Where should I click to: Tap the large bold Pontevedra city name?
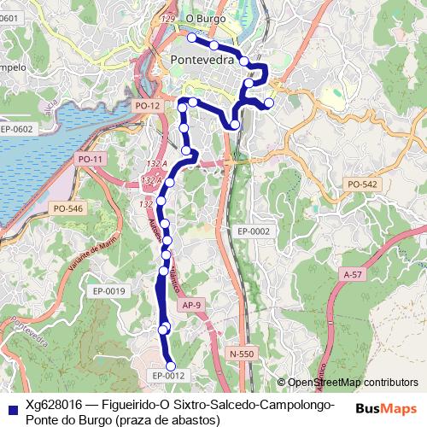(208, 61)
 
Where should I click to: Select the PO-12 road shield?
(147, 105)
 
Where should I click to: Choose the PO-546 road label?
(67, 208)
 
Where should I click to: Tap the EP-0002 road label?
(254, 231)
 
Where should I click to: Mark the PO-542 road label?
(362, 184)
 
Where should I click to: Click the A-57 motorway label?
(352, 274)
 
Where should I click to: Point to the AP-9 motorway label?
(191, 304)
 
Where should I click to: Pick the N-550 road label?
(242, 354)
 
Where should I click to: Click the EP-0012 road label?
(168, 375)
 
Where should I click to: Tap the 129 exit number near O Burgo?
(167, 18)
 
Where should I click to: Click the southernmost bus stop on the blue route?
(171, 366)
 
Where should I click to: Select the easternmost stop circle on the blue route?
(269, 103)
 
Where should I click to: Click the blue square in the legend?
(10, 405)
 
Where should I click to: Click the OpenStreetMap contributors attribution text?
(352, 383)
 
